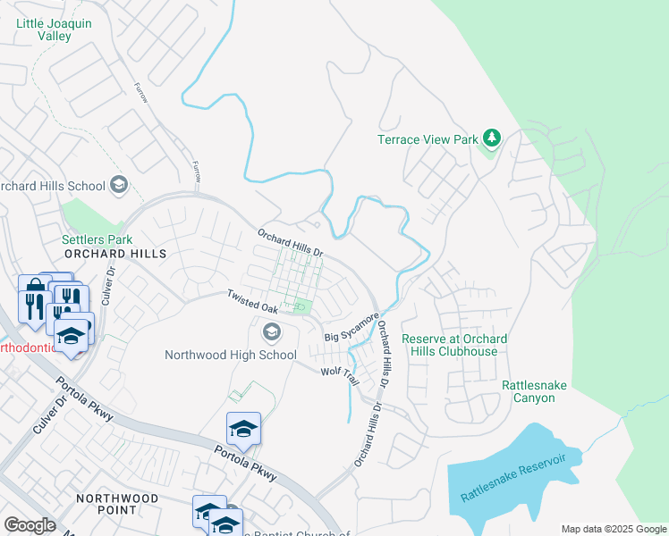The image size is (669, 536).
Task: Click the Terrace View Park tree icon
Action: (490, 138)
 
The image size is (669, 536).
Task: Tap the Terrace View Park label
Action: (428, 139)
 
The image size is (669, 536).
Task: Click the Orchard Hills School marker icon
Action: (118, 186)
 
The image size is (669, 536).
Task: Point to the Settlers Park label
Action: (97, 239)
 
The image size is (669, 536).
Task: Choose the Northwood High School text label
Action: (231, 355)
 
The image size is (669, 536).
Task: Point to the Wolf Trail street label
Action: (340, 374)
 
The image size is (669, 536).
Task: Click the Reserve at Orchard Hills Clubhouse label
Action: (454, 345)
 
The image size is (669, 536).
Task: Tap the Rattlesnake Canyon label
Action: (534, 391)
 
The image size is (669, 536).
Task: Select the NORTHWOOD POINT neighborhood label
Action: (117, 504)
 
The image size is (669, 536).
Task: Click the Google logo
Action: (30, 524)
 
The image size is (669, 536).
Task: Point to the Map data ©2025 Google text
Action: (614, 529)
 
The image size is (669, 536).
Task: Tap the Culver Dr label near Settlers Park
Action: (108, 285)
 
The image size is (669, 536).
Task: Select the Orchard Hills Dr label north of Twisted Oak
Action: (289, 241)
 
